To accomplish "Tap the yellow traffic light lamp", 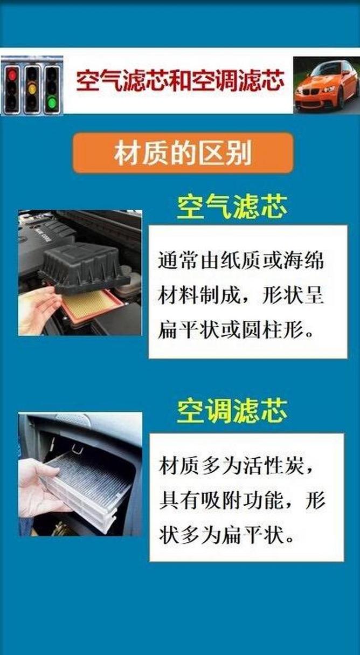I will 32,88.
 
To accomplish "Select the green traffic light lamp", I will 52,101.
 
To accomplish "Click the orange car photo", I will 326,85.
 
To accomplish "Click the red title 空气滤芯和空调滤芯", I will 179,82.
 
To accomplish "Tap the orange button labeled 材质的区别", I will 183,153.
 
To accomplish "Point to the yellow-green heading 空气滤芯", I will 232,206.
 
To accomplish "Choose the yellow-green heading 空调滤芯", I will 232,411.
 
